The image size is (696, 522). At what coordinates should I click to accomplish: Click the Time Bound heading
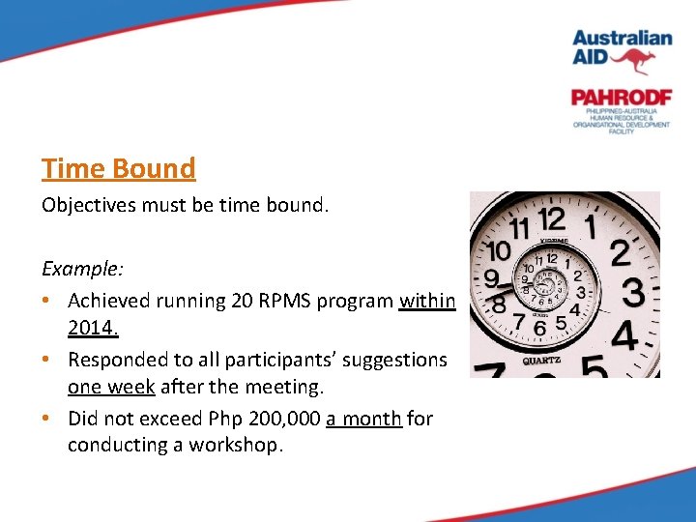pos(118,168)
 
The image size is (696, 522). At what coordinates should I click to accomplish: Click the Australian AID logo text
pos(622,46)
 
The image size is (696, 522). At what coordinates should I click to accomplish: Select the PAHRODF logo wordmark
pos(621,98)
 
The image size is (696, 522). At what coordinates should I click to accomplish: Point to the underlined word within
pos(426,300)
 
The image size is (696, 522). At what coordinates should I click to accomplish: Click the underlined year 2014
pos(93,329)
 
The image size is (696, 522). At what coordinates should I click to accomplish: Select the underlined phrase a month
pos(363,419)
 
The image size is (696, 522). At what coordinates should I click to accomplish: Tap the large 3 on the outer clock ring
pos(632,292)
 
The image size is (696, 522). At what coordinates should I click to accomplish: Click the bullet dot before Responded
pos(47,360)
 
